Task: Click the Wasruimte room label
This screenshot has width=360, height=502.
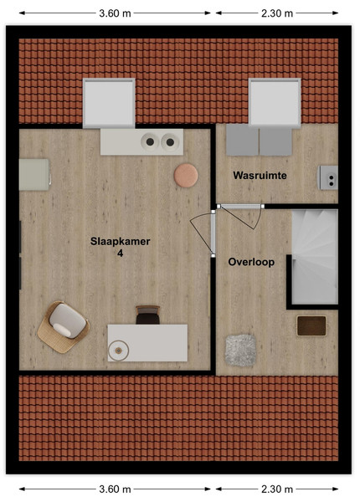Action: coord(260,176)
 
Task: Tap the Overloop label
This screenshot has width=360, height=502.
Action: coord(251,262)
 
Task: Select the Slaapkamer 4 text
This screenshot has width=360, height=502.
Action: coord(120,247)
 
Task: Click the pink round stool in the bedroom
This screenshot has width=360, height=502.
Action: coord(186,175)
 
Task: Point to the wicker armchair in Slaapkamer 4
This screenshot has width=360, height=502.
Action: coord(64,327)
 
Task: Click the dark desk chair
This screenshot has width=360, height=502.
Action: coord(147,315)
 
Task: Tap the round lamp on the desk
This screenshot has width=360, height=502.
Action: coord(119,351)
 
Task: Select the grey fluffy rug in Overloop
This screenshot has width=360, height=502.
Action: coord(241,351)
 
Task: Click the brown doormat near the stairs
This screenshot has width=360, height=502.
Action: coord(311,326)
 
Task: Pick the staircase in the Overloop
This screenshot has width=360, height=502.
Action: coord(315,257)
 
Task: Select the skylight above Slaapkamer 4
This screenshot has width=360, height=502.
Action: coord(109,103)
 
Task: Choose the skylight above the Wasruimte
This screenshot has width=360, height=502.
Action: coord(275,102)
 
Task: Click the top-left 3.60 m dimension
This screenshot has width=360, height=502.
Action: coord(115,13)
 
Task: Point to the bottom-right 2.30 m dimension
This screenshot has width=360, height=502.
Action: coord(277,489)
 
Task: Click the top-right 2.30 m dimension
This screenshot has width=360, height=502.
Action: coord(277,13)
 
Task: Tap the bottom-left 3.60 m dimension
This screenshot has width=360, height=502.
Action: coord(115,489)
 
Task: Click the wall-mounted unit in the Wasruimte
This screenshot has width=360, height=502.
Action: coord(327,177)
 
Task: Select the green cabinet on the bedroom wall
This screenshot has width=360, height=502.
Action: coord(34,175)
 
